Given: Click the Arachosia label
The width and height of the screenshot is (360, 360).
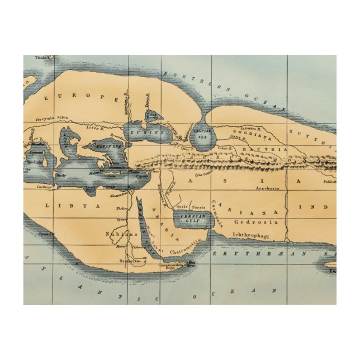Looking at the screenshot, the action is pos(268,188).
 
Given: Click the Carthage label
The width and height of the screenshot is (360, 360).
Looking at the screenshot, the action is pos(45,187).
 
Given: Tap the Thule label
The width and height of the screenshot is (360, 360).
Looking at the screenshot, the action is pos(41,57).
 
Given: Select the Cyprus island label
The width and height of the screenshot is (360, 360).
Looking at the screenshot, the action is pos(143,176).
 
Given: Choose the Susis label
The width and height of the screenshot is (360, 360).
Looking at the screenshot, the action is pos(182,206).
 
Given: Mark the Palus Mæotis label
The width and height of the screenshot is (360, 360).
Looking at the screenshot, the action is pos(151,116).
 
